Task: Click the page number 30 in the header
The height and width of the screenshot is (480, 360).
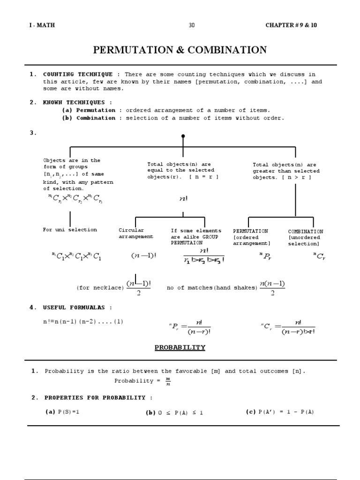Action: point(191,25)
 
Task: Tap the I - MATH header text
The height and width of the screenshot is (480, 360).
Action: point(42,25)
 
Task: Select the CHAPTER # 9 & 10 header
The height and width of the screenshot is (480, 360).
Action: point(291,25)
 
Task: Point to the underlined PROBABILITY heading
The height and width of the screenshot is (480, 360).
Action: point(180,347)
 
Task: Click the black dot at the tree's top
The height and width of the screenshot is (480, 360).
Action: point(183,136)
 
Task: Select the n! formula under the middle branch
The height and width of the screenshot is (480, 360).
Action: point(183,199)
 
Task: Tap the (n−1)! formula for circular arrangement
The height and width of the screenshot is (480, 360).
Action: point(143,256)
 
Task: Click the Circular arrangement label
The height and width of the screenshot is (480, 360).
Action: point(132,233)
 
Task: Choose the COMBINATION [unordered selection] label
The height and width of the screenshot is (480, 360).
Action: point(305,238)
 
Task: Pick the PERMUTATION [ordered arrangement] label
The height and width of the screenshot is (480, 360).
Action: point(252,237)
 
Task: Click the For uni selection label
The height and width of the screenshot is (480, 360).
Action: point(70,230)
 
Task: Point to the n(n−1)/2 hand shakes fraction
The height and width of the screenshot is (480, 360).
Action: point(272,288)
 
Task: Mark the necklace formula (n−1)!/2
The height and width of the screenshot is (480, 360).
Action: point(138,288)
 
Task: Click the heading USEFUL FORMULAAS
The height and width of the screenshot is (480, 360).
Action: point(78,307)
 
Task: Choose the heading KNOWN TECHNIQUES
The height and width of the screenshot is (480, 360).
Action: point(77,102)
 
